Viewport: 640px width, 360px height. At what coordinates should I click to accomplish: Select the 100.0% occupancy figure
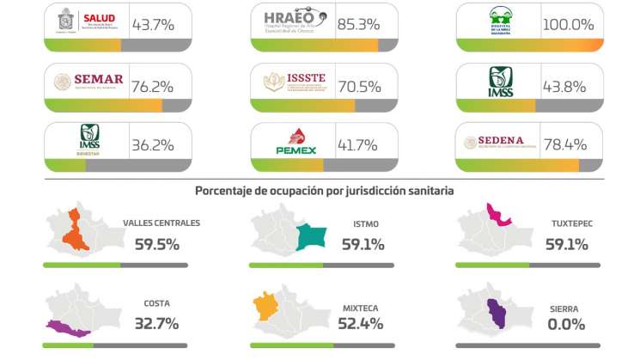(568, 24)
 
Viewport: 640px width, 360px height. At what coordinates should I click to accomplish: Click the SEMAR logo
(88, 82)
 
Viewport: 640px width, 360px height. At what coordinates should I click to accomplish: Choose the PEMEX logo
(296, 142)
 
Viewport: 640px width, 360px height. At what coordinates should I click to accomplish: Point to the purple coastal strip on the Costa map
(69, 327)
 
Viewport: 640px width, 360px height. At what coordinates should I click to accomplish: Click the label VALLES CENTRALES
(161, 223)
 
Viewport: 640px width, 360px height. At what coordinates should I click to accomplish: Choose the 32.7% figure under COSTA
(156, 325)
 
